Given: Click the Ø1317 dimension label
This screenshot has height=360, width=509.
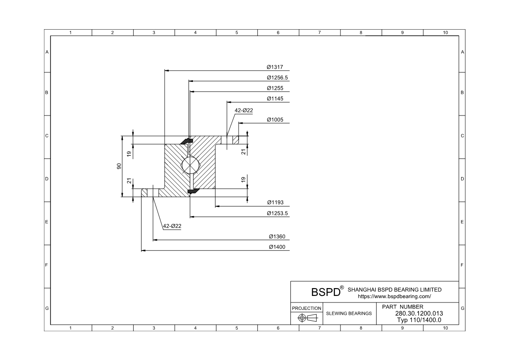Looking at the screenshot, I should (275, 67).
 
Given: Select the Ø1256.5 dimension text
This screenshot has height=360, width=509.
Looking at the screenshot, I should (277, 78).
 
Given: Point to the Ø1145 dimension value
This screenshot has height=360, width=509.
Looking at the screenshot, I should (275, 98).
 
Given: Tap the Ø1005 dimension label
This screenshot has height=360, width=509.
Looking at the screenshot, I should (275, 120).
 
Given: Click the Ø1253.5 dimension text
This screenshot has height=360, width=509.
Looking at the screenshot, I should (277, 214).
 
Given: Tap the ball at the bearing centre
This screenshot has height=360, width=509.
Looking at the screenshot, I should (190, 166).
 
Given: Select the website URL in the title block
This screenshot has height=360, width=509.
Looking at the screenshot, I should (394, 296).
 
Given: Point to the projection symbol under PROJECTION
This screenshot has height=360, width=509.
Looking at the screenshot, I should (307, 318).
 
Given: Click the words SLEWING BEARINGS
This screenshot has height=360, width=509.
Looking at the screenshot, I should (349, 313).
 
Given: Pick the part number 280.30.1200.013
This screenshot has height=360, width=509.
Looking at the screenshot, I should (419, 313).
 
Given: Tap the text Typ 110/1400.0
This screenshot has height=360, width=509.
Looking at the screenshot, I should (419, 319).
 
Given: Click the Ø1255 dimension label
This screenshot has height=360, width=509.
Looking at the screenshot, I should (275, 88).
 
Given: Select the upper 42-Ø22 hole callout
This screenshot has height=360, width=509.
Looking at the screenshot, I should (244, 111).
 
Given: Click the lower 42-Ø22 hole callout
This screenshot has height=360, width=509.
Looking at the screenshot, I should (172, 226).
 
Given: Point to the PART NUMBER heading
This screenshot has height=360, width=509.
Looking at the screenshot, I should (402, 307).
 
